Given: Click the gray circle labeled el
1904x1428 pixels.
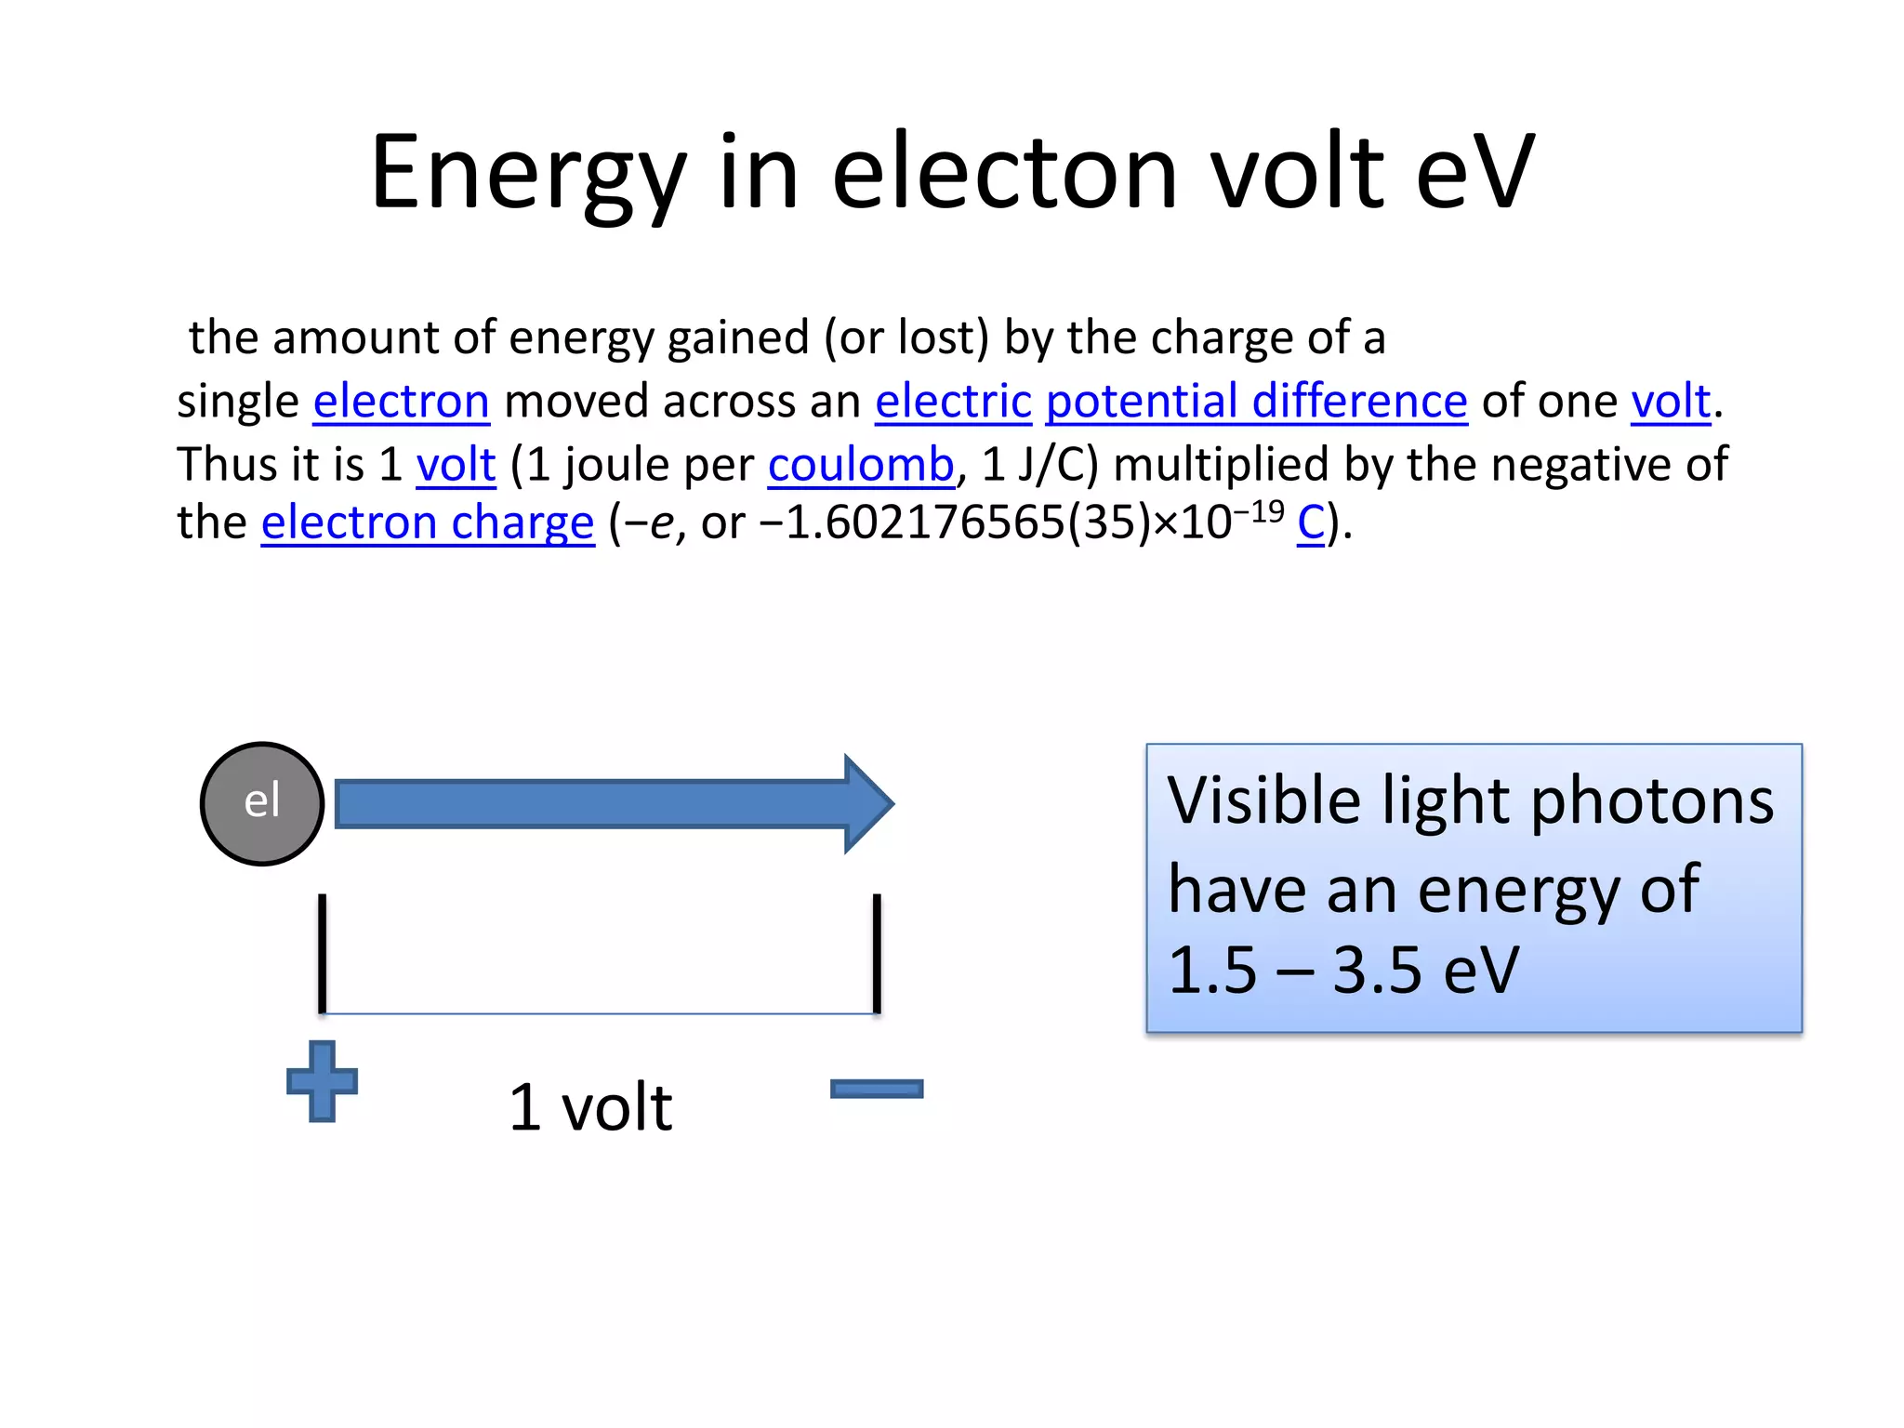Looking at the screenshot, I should [x=262, y=803].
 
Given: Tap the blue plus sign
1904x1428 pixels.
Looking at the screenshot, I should [x=322, y=1081].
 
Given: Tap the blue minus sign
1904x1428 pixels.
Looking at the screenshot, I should [x=876, y=1089].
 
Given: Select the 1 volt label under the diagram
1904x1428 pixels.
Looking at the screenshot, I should [x=590, y=1107].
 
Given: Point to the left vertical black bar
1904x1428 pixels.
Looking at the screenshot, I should [x=322, y=953].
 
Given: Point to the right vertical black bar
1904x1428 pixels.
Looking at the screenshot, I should [x=877, y=953].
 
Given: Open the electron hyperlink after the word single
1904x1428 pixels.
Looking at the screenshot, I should [x=401, y=402].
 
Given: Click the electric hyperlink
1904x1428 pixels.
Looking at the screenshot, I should [x=953, y=402].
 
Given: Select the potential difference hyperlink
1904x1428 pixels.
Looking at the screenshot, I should [x=1256, y=402].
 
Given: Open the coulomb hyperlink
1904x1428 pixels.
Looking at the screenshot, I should [x=861, y=465].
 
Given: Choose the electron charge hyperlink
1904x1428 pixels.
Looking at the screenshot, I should [x=427, y=522].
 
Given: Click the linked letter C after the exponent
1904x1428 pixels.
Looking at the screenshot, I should [x=1310, y=522].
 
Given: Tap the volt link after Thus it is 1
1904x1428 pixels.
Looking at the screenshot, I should [x=456, y=465].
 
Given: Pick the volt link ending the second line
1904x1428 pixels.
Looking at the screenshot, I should [x=1671, y=402].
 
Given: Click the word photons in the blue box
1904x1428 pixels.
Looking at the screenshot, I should [x=1651, y=801].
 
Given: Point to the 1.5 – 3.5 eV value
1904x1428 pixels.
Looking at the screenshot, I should [x=1342, y=971].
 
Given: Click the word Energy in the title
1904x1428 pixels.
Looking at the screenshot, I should [x=528, y=173].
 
